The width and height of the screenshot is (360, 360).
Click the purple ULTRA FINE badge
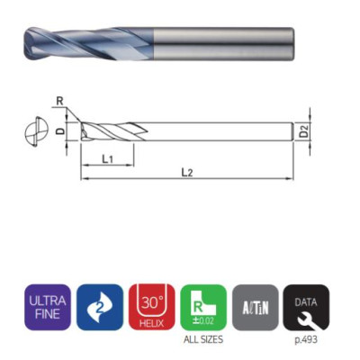click(x=47, y=306)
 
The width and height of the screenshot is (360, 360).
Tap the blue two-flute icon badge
click(x=99, y=306)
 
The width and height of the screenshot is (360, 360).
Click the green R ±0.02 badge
click(x=203, y=306)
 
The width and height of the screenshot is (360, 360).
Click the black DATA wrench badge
click(x=307, y=306)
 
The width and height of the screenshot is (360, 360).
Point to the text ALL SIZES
click(x=203, y=339)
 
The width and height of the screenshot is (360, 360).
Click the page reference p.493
click(x=307, y=339)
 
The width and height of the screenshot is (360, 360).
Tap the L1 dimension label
click(x=106, y=159)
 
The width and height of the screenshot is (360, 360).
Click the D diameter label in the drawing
click(x=59, y=131)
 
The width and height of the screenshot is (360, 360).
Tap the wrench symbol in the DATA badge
click(x=307, y=315)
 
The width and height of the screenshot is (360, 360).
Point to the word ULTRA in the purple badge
click(x=47, y=300)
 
